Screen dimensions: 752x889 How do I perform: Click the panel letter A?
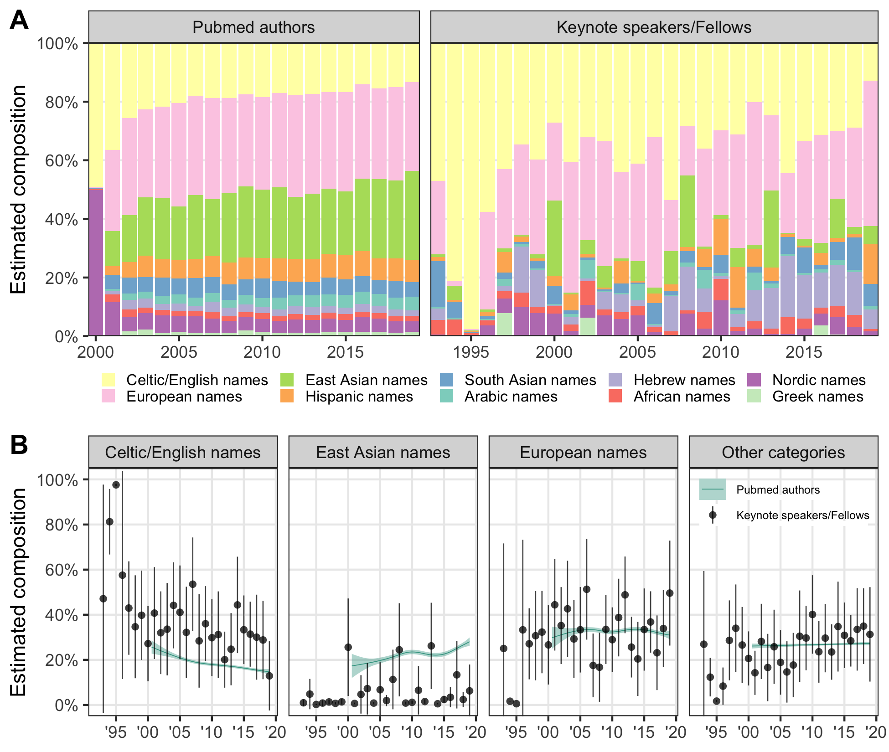pyautogui.click(x=19, y=20)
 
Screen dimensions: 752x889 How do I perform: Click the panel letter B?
pyautogui.click(x=19, y=445)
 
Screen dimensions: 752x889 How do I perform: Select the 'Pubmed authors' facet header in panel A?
pyautogui.click(x=253, y=27)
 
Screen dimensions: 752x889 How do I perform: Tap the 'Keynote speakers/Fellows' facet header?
pyautogui.click(x=654, y=27)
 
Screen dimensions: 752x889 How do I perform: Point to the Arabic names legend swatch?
pyautogui.click(x=446, y=396)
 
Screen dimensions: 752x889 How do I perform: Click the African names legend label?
pyautogui.click(x=682, y=397)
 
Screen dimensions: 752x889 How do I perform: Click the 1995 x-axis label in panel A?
pyautogui.click(x=471, y=352)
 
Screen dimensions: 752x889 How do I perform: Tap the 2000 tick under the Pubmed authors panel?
pyautogui.click(x=96, y=352)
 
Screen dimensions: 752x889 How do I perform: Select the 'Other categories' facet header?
pyautogui.click(x=783, y=452)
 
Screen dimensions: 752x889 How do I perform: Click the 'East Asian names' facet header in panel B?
pyautogui.click(x=383, y=452)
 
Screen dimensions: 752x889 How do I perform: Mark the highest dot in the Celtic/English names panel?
pyautogui.click(x=116, y=484)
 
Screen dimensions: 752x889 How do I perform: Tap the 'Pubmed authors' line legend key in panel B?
pyautogui.click(x=713, y=489)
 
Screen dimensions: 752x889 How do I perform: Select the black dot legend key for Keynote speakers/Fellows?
pyautogui.click(x=713, y=515)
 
